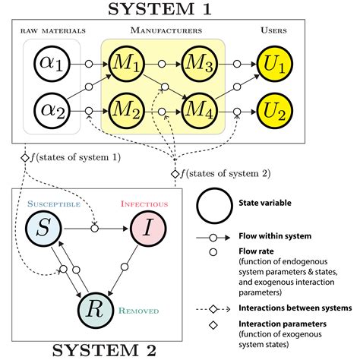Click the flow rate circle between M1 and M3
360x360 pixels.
pyautogui.click(x=163, y=66)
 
